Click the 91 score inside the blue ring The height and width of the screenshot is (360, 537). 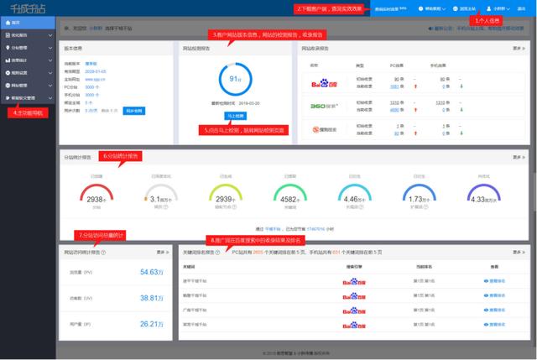tap(235, 79)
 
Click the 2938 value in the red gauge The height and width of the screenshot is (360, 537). tap(96, 199)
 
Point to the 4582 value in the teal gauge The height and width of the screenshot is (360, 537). tap(289, 199)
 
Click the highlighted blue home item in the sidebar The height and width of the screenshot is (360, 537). tap(28, 23)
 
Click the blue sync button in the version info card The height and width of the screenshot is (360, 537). tap(133, 111)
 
